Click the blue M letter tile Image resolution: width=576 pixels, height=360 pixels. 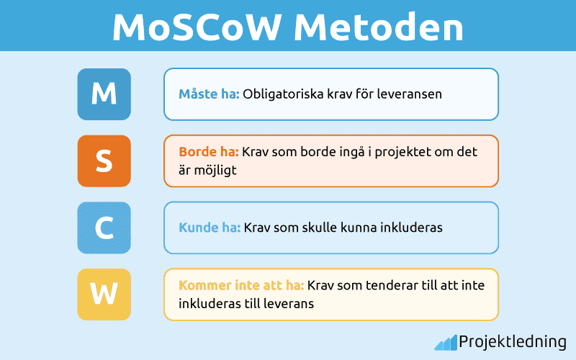pos(104,94)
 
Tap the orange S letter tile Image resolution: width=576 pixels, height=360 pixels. pos(104,161)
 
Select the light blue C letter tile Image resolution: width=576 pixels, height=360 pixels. pos(104,228)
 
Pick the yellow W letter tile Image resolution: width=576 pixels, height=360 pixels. pos(104,294)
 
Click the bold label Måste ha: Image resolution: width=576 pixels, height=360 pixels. pos(209,94)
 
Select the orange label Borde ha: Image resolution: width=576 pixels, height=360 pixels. pos(208,153)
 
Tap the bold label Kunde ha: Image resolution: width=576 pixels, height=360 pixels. pos(210,228)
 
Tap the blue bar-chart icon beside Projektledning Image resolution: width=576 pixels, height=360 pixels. pos(445,342)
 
